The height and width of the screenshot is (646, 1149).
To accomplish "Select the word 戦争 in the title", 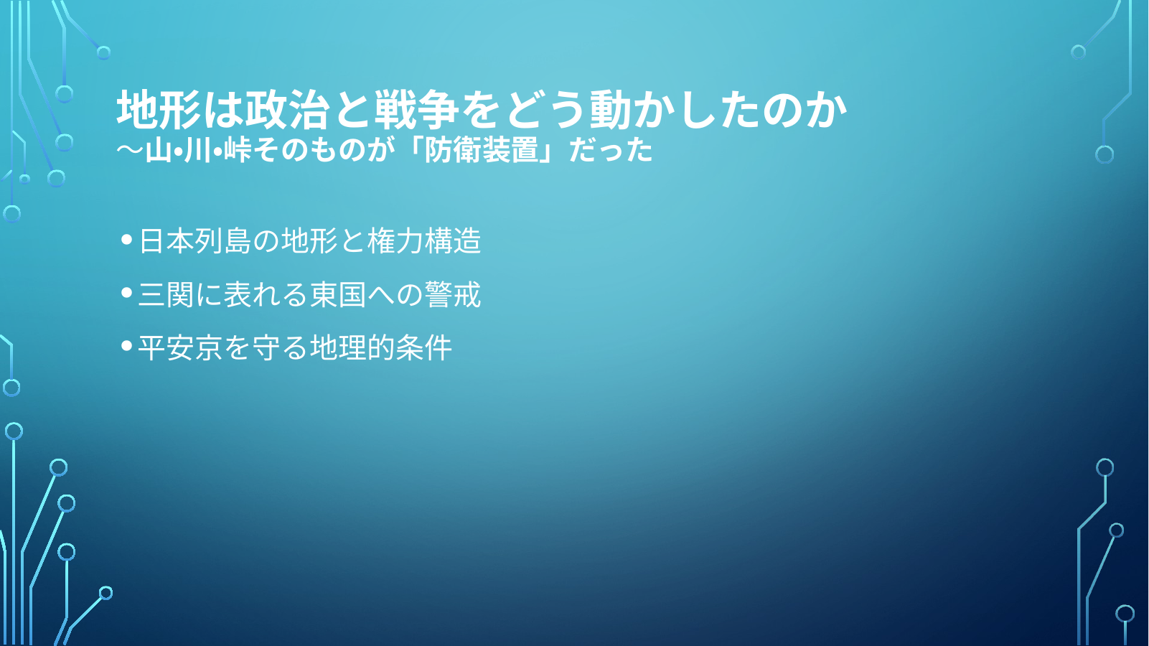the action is click(x=416, y=109).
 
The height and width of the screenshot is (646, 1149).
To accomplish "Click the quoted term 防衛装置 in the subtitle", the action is click(x=482, y=151).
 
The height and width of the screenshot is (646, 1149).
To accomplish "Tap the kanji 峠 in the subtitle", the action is click(x=237, y=151).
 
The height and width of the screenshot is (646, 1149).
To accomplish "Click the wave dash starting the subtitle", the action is click(x=130, y=151).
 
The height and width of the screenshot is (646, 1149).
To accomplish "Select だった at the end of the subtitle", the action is click(x=611, y=151).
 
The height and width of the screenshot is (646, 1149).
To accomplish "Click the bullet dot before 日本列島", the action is click(x=127, y=240).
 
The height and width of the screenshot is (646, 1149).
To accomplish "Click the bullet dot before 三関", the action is click(x=127, y=293).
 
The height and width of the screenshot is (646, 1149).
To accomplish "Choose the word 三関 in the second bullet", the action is click(x=167, y=294).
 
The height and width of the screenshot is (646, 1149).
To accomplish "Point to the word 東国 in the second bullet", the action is click(x=338, y=294).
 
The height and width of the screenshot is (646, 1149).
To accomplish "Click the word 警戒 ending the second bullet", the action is click(x=453, y=294).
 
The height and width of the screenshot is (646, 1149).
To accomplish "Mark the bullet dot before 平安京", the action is click(x=127, y=346).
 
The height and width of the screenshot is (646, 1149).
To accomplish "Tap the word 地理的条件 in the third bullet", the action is click(x=381, y=347).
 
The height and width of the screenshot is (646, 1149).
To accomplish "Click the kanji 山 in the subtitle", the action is click(x=159, y=151).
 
